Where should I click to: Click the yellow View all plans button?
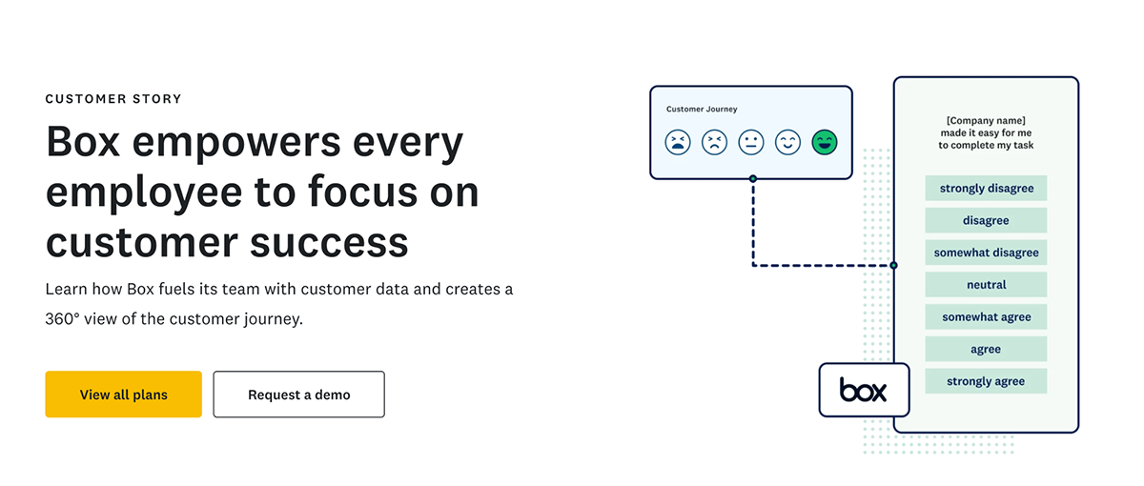coord(123,395)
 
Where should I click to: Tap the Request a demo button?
coord(298,395)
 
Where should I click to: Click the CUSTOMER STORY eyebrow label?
coord(113,98)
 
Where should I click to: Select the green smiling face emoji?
coord(824,143)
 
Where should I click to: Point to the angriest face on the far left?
coord(678,143)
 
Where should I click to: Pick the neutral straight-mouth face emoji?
coord(751,143)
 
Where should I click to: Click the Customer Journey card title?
coord(701,110)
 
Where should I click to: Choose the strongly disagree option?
coord(986,188)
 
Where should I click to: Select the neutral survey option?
coord(986,285)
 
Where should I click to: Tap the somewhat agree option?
coord(986,317)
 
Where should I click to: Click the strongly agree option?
coord(986,381)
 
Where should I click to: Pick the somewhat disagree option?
coord(986,253)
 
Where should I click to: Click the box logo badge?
coord(863,390)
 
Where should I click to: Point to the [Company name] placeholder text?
coord(986,120)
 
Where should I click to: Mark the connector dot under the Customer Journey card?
coord(753,178)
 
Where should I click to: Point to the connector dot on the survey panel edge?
coord(893,265)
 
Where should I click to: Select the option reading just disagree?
coord(986,220)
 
